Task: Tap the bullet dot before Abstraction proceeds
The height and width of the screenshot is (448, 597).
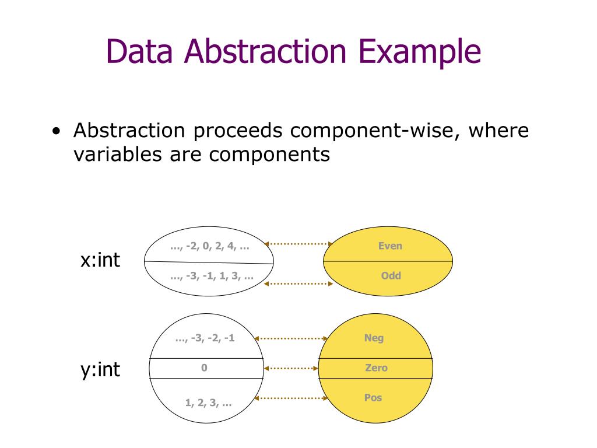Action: tap(56, 131)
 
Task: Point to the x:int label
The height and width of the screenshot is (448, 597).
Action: tap(100, 260)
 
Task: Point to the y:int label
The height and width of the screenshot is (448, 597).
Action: tap(100, 369)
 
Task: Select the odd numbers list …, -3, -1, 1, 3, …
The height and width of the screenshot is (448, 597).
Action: tap(212, 276)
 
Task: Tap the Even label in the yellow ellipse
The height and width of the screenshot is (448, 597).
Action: tap(390, 246)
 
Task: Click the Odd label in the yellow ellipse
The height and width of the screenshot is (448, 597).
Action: tap(391, 275)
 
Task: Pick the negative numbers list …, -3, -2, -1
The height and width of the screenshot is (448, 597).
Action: tap(205, 338)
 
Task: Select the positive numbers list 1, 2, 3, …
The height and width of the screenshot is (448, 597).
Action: tap(208, 402)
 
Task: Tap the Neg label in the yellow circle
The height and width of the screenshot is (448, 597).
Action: tap(374, 338)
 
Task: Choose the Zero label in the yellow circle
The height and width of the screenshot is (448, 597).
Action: tap(376, 368)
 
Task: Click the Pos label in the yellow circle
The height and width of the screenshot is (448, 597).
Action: tap(373, 398)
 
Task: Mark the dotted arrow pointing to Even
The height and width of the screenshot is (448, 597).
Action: tap(298, 244)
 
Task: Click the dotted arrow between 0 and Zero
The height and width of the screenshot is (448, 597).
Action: tap(291, 368)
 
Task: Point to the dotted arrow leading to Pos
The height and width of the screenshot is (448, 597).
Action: tap(292, 398)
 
